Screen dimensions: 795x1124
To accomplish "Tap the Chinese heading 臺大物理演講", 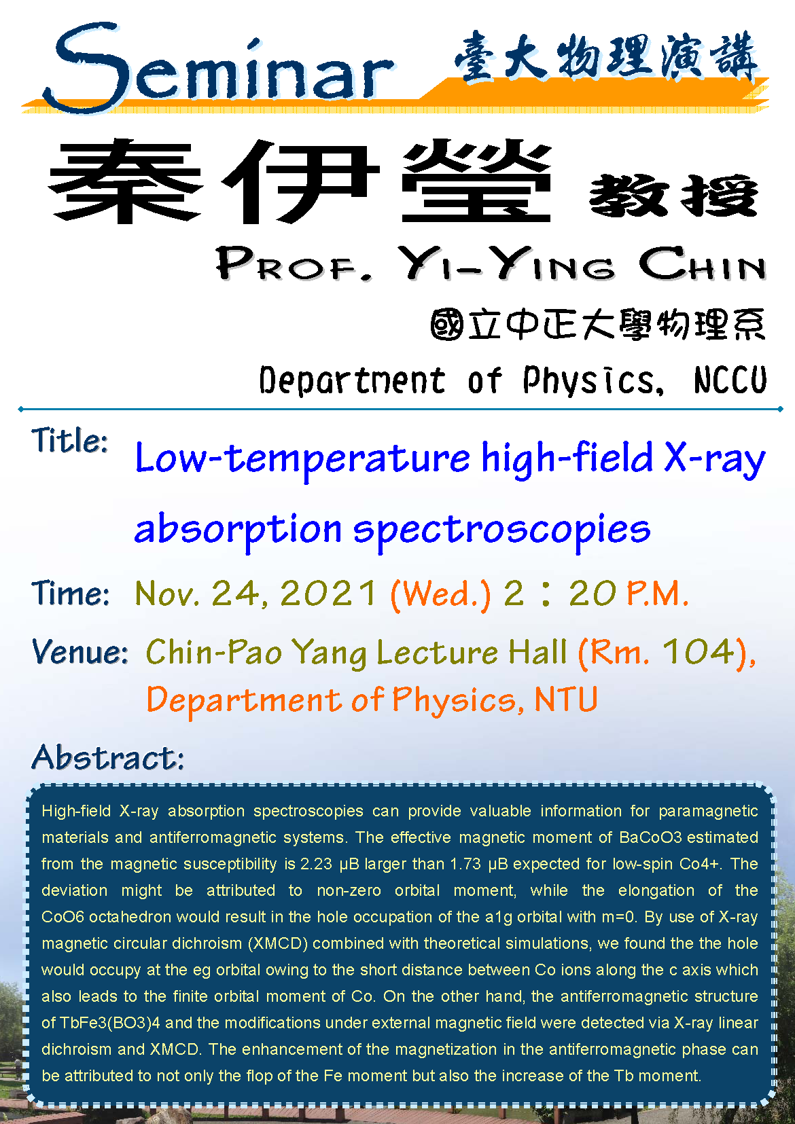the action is pyautogui.click(x=607, y=56).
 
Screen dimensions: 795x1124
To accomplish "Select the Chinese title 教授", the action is pyautogui.click(x=673, y=195).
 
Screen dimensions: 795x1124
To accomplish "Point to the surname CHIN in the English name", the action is pyautogui.click(x=702, y=264).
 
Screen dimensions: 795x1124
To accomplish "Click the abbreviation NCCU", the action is pyautogui.click(x=730, y=380).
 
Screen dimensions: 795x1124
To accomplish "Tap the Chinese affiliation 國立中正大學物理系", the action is pyautogui.click(x=598, y=325).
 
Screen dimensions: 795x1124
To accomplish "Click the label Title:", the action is pyautogui.click(x=70, y=441).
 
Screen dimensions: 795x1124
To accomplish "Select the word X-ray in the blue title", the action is pyautogui.click(x=715, y=458).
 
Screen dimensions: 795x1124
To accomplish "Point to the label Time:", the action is pyautogui.click(x=70, y=593).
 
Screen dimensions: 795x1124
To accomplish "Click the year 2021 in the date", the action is pyautogui.click(x=328, y=593).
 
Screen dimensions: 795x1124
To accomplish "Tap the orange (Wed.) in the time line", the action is pyautogui.click(x=440, y=595).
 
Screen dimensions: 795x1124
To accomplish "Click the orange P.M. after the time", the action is pyautogui.click(x=658, y=594).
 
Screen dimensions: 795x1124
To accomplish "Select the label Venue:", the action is pyautogui.click(x=79, y=652).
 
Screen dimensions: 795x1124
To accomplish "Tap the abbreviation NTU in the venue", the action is pyautogui.click(x=566, y=699).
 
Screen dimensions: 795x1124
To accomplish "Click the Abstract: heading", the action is pyautogui.click(x=108, y=757).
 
